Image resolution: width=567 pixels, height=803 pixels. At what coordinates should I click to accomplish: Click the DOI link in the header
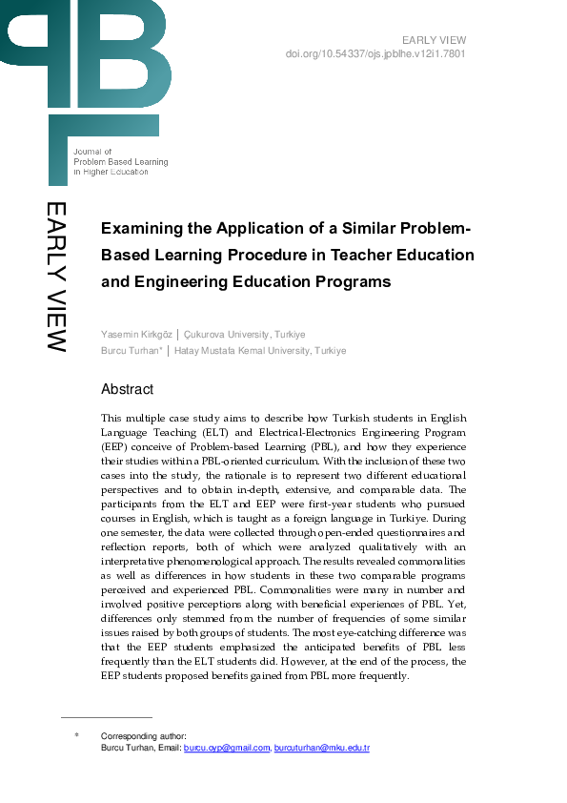[375, 53]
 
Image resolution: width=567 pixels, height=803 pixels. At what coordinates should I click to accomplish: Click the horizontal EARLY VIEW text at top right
[434, 40]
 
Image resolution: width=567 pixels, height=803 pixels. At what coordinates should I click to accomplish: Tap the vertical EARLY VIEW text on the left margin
[56, 277]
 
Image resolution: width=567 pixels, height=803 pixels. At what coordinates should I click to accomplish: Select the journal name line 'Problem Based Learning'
[120, 162]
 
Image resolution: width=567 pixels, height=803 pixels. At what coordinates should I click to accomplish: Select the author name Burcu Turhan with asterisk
[132, 351]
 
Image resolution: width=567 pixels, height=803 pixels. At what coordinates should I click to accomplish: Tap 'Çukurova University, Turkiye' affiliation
[244, 335]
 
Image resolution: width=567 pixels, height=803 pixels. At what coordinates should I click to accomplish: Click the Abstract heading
[127, 389]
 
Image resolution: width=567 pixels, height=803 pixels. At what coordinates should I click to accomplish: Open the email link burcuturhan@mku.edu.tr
[321, 749]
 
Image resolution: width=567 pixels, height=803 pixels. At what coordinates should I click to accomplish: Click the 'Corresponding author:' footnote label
[143, 736]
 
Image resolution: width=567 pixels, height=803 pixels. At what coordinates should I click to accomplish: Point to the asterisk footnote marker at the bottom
[76, 736]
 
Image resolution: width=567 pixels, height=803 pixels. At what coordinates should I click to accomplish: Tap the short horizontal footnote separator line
[106, 716]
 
